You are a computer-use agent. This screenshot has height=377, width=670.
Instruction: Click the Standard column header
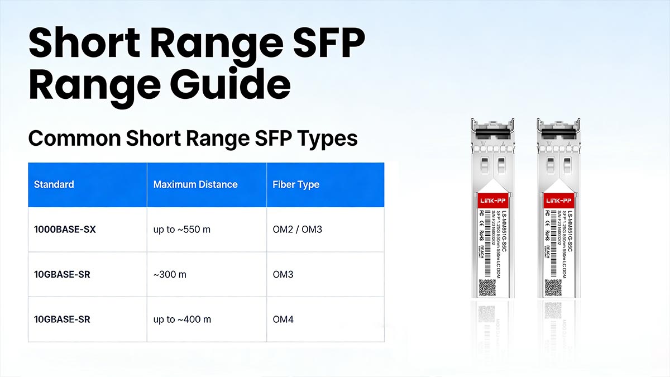click(x=54, y=184)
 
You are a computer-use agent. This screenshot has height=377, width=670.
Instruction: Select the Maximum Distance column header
click(x=195, y=184)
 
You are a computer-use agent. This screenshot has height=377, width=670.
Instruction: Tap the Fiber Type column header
click(x=296, y=184)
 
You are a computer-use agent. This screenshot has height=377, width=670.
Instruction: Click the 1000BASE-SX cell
click(x=65, y=230)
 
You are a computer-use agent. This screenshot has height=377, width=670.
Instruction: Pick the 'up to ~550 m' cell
click(x=181, y=230)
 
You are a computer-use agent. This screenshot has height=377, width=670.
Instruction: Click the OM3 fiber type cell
click(x=283, y=275)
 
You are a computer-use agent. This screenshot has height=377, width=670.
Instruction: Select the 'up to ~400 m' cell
click(x=181, y=319)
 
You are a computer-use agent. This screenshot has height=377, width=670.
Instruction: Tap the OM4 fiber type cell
click(x=283, y=319)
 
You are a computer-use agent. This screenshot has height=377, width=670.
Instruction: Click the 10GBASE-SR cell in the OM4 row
click(x=62, y=319)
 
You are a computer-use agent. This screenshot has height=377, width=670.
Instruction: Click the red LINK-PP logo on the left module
click(x=493, y=200)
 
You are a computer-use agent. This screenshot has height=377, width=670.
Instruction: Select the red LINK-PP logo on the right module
click(x=558, y=200)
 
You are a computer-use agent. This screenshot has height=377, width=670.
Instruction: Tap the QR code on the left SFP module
click(x=487, y=287)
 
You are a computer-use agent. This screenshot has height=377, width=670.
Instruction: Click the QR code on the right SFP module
click(x=553, y=287)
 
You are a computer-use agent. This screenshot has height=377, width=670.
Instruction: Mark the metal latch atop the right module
click(x=558, y=124)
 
